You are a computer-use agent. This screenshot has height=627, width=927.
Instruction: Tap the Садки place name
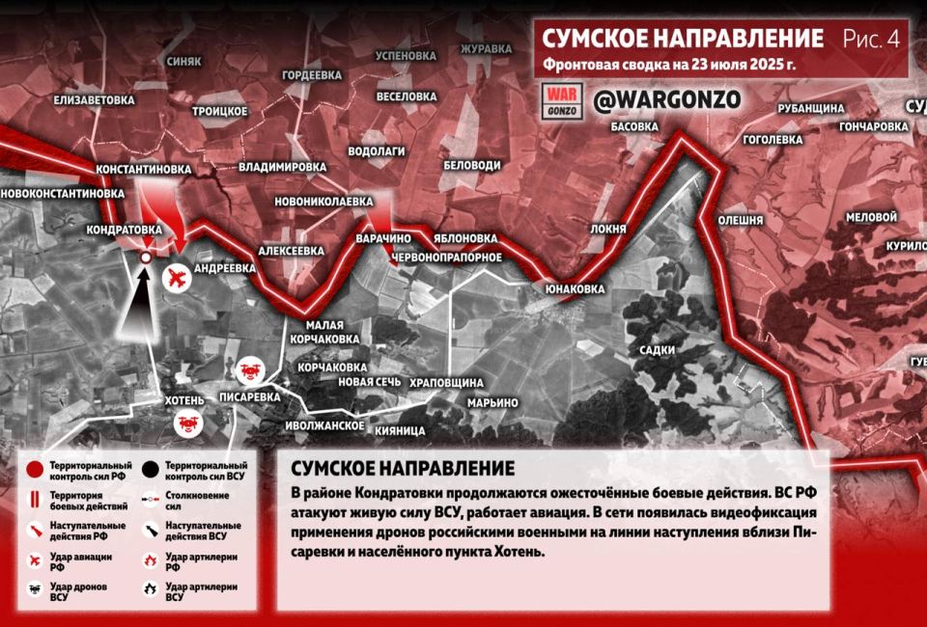tap(657, 350)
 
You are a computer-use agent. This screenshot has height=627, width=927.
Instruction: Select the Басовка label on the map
tap(635, 126)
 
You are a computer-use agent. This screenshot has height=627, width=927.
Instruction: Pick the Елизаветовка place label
tap(94, 99)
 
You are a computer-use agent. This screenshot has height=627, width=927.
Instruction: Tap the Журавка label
tap(486, 49)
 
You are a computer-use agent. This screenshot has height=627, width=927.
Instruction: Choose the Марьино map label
tap(492, 402)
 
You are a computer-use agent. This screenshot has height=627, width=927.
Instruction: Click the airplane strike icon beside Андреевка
tap(177, 278)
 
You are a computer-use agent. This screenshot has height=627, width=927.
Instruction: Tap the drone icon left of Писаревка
tap(248, 369)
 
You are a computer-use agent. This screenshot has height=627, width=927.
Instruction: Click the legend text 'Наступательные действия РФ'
tap(77, 531)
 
